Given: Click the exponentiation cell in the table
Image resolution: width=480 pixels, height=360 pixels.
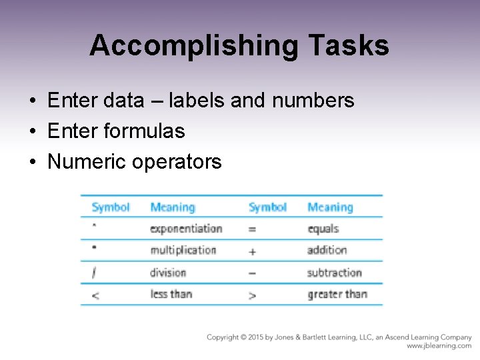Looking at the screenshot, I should coord(186,229).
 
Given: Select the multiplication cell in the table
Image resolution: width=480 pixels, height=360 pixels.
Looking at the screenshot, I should coord(183,250).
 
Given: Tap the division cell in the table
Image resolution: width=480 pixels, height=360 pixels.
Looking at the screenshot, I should coord(168,272).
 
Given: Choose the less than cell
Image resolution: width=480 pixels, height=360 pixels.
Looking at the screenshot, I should coord(171,294).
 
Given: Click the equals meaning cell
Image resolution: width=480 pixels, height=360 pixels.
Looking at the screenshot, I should coord(323,229).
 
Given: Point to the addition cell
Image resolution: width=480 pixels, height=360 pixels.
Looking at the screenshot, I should coord(327,250).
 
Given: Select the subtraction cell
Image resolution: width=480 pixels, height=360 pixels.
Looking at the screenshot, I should coord(335,272).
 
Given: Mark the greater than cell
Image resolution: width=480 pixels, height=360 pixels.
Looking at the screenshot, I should coord(337,294).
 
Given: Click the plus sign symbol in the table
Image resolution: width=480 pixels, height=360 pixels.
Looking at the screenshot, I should coord(252,252).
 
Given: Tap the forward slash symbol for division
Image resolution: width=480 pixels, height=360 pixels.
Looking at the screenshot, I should coord(95,273).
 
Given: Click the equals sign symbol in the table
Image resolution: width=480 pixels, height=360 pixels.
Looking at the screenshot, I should coord(252,229).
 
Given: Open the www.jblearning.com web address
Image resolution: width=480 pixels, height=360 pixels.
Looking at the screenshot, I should coord(439,346).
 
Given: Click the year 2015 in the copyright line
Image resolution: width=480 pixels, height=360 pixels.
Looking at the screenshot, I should coord(257,337).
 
